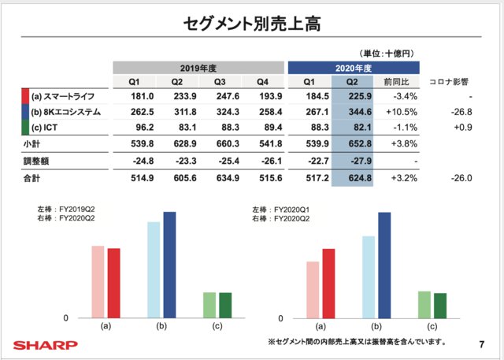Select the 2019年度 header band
(x=198, y=67)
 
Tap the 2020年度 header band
(x=354, y=67)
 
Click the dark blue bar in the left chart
(x=169, y=265)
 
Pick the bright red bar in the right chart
(x=328, y=283)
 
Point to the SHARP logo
(x=45, y=344)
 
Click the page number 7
(x=481, y=344)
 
